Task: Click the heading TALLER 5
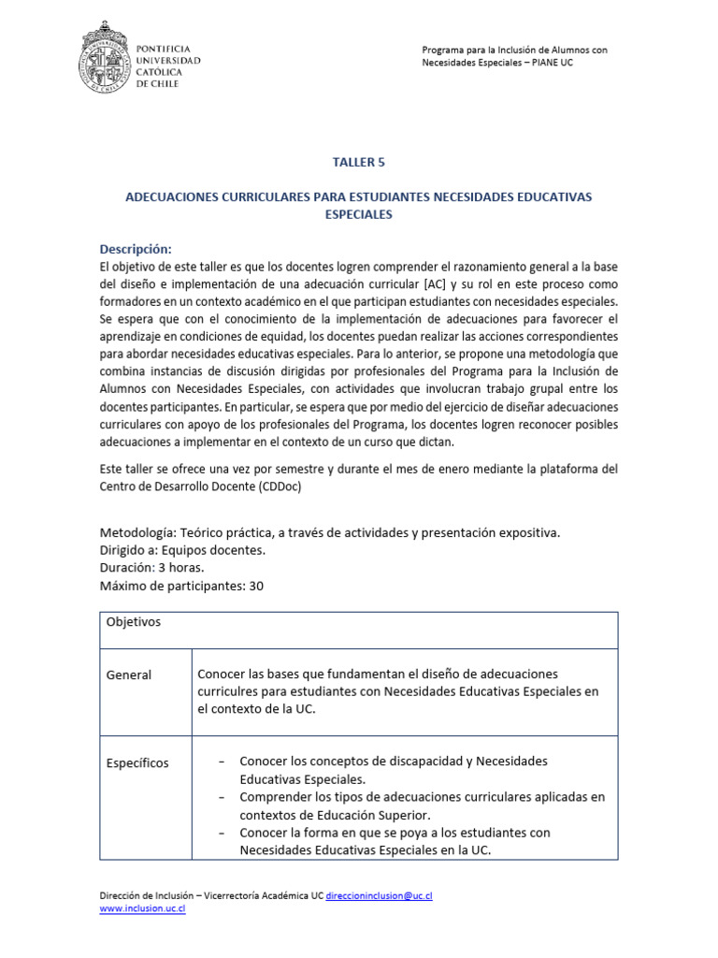359,162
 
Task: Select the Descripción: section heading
136,249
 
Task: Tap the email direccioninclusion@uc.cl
379,895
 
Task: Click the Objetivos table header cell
134,622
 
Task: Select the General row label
129,675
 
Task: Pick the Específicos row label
137,762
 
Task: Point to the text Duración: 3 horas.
152,568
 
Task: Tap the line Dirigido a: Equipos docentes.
182,550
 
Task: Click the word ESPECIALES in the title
358,214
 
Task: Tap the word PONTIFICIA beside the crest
165,48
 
